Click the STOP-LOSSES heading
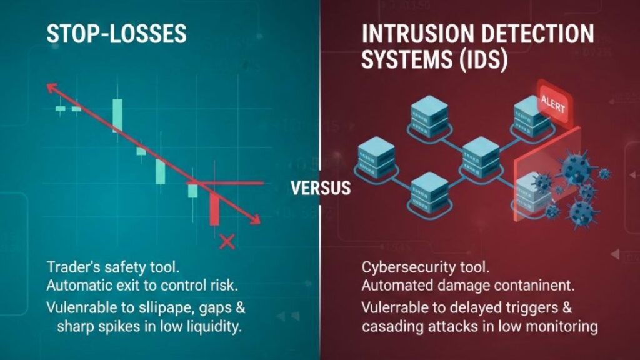click(116, 34)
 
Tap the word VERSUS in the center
click(321, 187)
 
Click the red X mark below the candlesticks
click(227, 242)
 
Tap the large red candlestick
click(214, 209)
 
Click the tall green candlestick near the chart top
click(117, 116)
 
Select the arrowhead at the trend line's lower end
click(255, 219)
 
